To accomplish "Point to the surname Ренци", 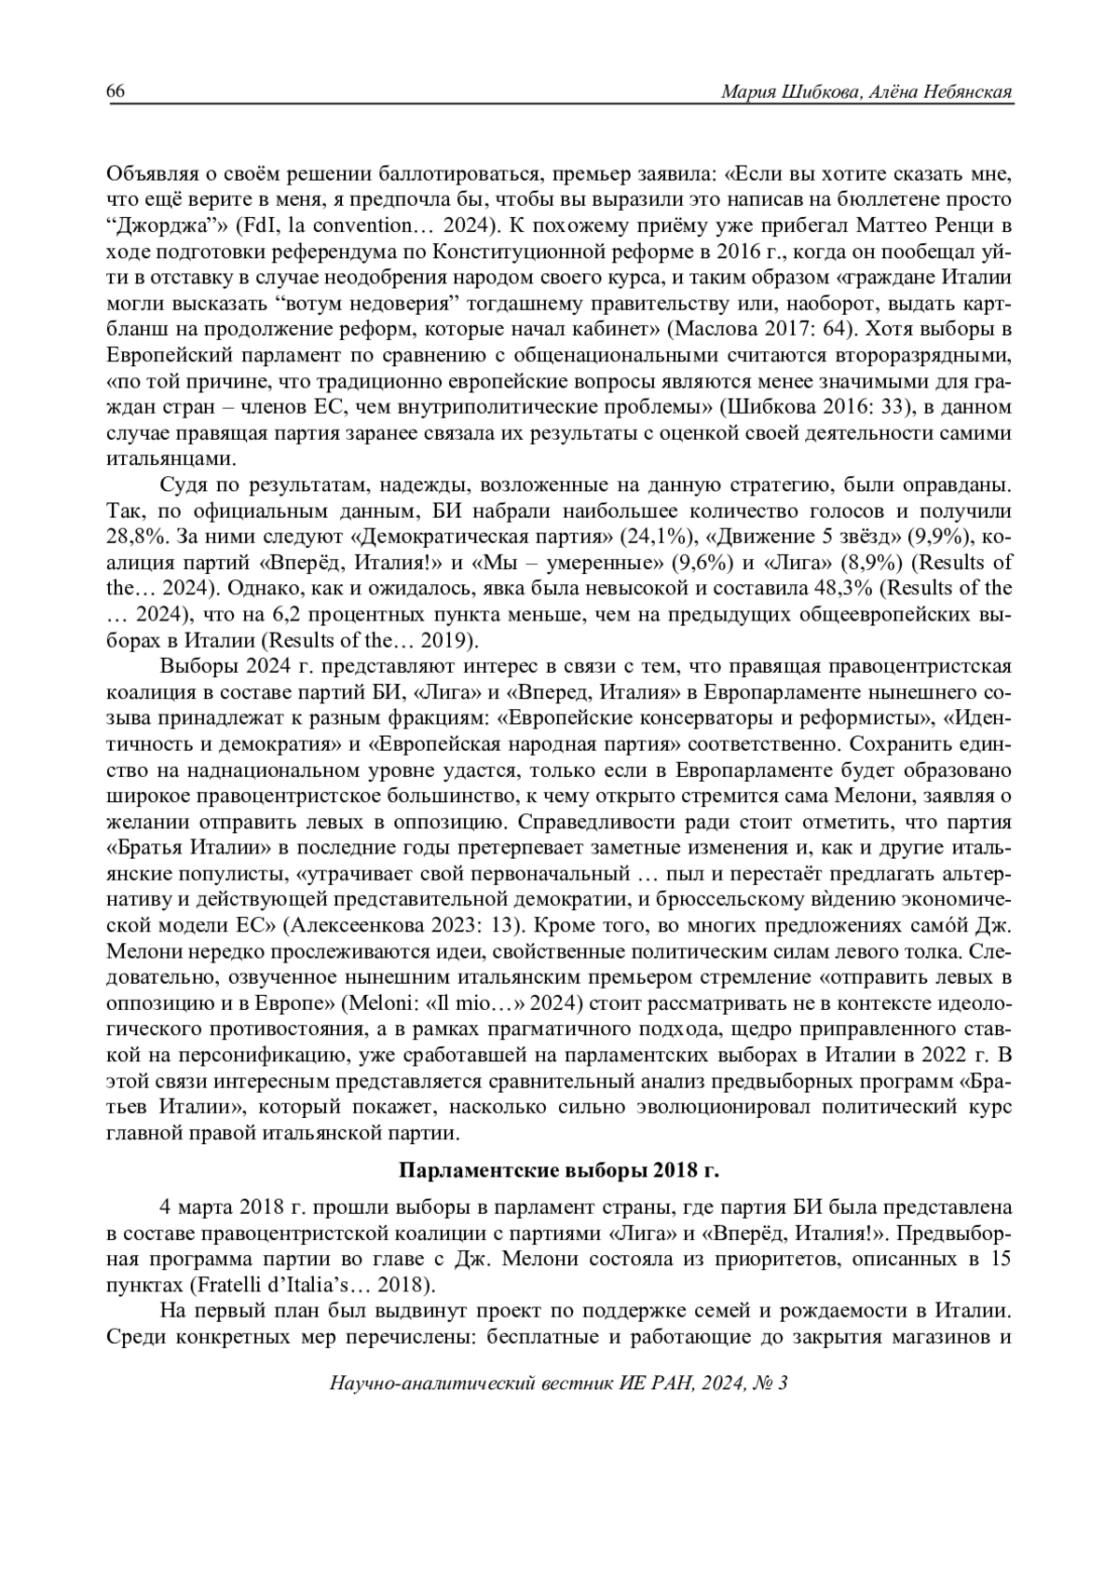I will point(985,225).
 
